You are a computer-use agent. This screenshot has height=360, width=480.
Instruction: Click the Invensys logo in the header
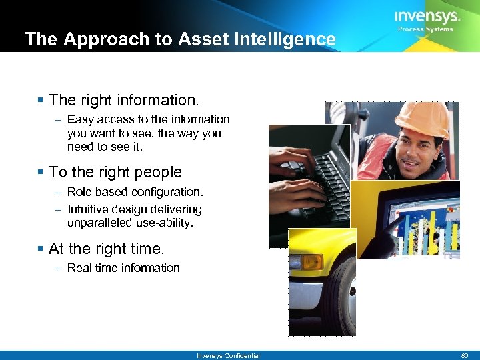pyautogui.click(x=427, y=16)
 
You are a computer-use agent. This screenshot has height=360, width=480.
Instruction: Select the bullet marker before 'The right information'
pyautogui.click(x=41, y=101)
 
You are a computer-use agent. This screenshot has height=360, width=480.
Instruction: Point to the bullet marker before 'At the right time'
pyautogui.click(x=41, y=249)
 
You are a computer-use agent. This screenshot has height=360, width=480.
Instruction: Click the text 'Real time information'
pyautogui.click(x=123, y=268)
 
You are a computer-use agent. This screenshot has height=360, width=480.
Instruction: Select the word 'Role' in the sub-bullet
pyautogui.click(x=79, y=192)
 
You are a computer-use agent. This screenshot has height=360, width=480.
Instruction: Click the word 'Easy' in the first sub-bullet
pyautogui.click(x=80, y=119)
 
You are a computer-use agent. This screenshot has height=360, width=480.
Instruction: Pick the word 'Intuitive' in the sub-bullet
pyautogui.click(x=90, y=209)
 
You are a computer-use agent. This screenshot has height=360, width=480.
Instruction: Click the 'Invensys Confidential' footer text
pyautogui.click(x=228, y=356)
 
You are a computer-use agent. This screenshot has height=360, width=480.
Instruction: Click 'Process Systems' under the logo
pyautogui.click(x=425, y=29)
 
